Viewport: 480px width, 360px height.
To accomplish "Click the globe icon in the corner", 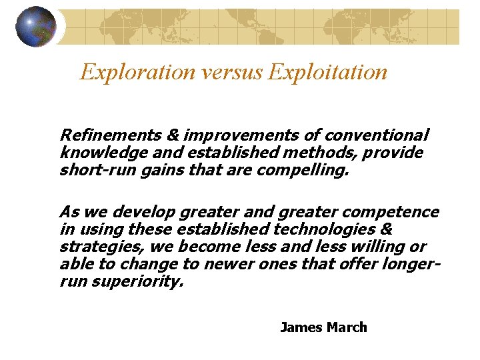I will point(36,27).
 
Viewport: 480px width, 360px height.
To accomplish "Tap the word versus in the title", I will point(223,71).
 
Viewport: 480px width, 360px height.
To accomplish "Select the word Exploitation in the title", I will point(327,71).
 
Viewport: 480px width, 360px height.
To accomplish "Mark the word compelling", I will point(304,171).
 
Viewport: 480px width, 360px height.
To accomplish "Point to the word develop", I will point(141,213).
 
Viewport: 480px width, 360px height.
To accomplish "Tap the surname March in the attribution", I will point(347,327).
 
